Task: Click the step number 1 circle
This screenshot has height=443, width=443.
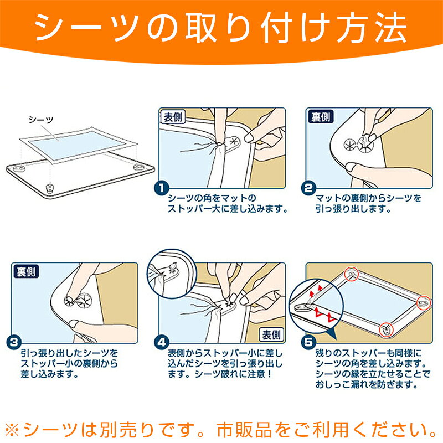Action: pos(162,188)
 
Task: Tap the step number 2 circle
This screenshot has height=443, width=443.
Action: pos(309,188)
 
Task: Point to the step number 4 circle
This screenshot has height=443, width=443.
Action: pos(162,343)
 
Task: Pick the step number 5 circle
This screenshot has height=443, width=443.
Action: pos(309,343)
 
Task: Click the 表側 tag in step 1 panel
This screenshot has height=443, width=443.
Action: pos(173,117)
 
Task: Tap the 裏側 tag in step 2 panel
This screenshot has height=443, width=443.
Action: pos(321,117)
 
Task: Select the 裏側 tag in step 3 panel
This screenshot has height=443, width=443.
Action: pos(26,271)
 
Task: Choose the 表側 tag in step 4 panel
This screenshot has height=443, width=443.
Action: pos(271,335)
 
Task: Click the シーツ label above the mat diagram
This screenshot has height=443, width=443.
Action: pos(41,120)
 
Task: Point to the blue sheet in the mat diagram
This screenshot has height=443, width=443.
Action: pos(77,145)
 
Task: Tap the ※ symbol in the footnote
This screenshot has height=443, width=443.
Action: pos(12,430)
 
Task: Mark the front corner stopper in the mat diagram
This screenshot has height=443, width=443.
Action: pos(50,188)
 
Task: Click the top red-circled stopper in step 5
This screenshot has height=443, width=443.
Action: pos(352,274)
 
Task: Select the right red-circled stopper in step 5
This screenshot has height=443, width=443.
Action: pos(424,303)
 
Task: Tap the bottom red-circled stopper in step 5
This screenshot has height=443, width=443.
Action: pos(386,329)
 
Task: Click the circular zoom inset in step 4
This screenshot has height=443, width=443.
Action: pos(171,274)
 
